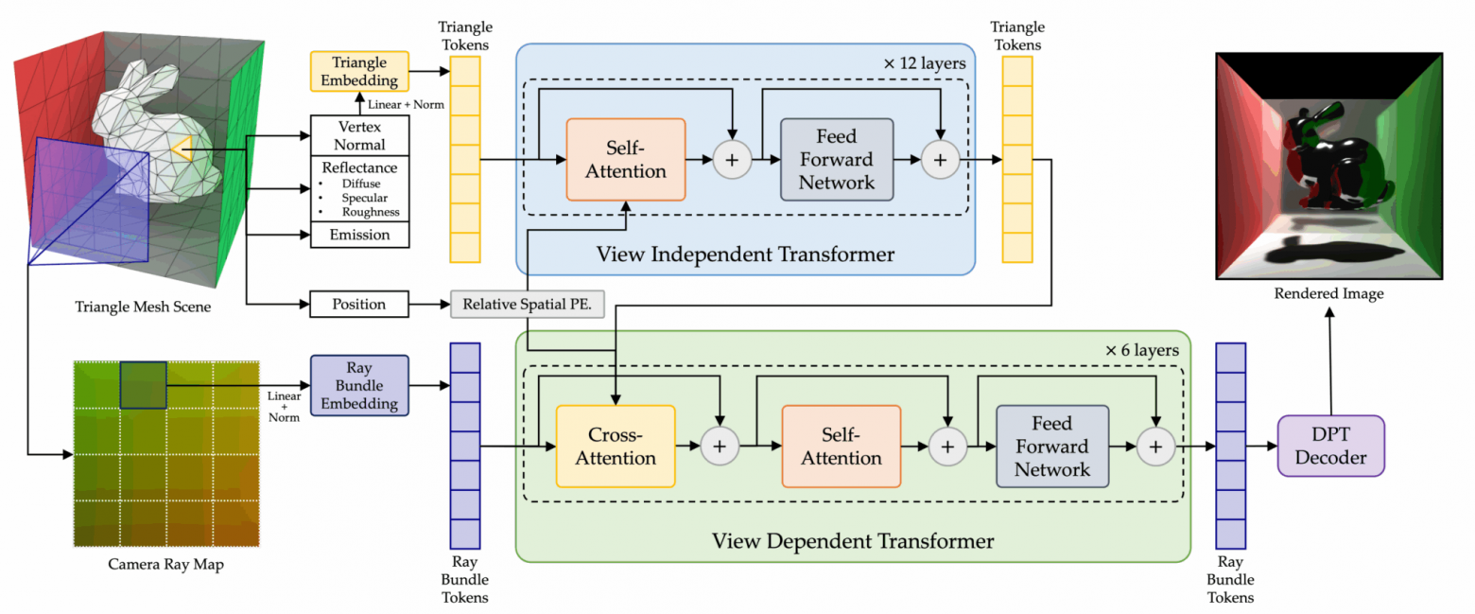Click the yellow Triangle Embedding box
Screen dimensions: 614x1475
(x=359, y=71)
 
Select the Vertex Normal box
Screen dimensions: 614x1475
(x=360, y=134)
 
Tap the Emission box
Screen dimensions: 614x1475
(x=360, y=235)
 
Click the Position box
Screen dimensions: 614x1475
(x=359, y=305)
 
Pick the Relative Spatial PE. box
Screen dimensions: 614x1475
(x=527, y=305)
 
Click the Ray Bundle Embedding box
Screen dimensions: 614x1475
(x=359, y=384)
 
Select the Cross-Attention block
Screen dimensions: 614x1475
(x=616, y=446)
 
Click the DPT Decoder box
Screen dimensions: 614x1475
(x=1330, y=446)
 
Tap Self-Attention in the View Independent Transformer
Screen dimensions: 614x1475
(x=625, y=160)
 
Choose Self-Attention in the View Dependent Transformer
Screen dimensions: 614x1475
(x=842, y=446)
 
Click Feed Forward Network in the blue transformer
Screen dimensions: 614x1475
(x=836, y=160)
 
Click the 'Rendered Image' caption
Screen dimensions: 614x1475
(x=1327, y=294)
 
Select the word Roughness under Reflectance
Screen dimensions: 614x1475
(x=370, y=212)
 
